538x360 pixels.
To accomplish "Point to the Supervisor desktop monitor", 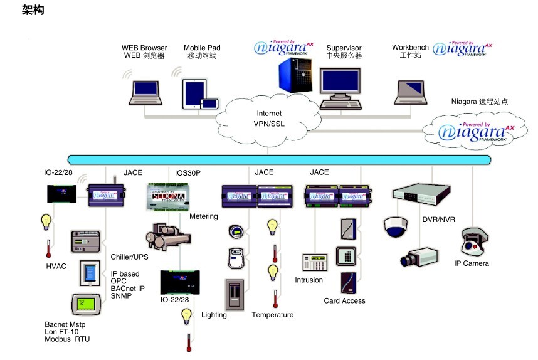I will click(340, 88).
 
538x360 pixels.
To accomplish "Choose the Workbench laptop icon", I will click(411, 91).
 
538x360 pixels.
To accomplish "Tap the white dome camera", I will click(396, 226).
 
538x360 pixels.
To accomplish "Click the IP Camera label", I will click(472, 263).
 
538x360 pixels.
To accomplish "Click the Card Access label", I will click(344, 300).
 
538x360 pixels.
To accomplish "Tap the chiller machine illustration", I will click(167, 237).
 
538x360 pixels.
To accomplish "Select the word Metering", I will click(203, 217).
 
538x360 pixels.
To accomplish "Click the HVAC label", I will click(56, 267).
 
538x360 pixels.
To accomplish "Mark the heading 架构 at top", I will click(33, 11).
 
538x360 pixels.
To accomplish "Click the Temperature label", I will click(273, 315).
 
